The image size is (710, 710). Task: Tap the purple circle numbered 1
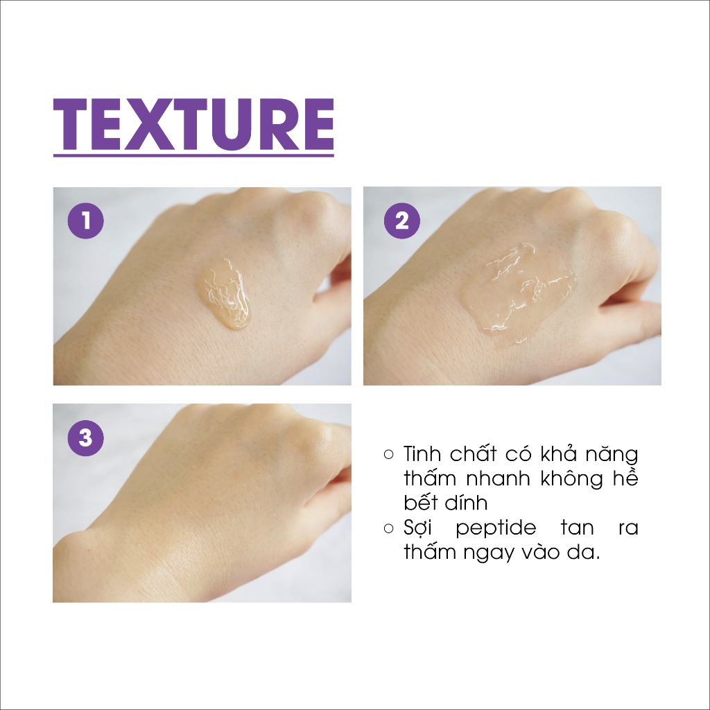[85, 221]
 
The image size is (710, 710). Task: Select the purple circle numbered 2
[402, 221]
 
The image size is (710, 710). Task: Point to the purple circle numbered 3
[85, 438]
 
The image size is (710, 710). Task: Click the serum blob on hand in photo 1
[225, 293]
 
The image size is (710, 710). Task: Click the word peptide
[496, 528]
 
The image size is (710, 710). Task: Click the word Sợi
[417, 528]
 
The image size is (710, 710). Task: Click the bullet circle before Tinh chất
[388, 454]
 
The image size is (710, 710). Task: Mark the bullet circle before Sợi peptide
[388, 528]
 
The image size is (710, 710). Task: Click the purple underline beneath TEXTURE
[193, 155]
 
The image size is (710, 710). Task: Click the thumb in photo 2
[630, 313]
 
